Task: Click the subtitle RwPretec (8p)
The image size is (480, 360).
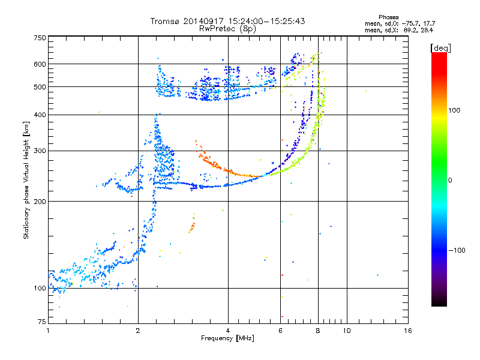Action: [227, 29]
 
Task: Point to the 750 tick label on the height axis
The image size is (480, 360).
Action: [40, 38]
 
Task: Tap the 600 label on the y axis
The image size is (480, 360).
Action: [40, 64]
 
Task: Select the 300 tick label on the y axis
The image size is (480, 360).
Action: [40, 151]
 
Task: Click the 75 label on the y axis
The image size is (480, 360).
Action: [42, 322]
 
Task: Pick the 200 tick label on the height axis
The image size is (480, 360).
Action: [40, 202]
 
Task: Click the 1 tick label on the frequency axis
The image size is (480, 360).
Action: [48, 331]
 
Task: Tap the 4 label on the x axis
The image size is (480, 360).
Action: [228, 331]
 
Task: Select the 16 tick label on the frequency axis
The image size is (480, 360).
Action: [408, 331]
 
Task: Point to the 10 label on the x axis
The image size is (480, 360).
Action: [347, 331]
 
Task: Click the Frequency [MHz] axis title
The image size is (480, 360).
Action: [227, 338]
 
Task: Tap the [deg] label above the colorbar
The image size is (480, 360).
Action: [441, 48]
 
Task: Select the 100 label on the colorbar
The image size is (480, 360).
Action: [454, 110]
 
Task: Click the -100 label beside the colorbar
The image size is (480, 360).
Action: [457, 250]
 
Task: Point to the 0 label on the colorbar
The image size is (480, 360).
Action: [450, 181]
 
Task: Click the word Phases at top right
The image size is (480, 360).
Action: [389, 17]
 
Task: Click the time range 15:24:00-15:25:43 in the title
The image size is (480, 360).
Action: [266, 21]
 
